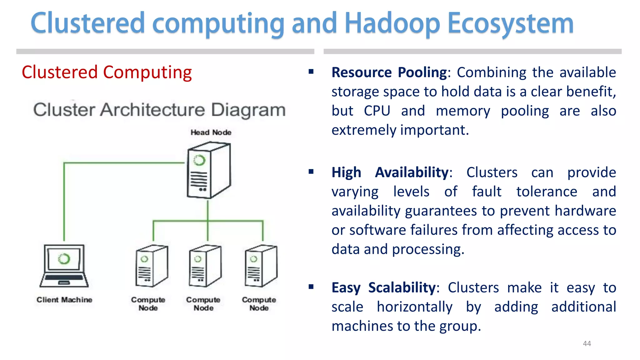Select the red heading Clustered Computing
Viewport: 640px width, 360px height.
107,72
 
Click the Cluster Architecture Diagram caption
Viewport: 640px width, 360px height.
159,110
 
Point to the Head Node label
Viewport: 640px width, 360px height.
211,132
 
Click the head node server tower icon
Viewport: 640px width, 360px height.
208,170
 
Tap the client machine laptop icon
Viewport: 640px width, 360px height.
64,266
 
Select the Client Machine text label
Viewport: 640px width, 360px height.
64,300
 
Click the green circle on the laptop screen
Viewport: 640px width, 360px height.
64,259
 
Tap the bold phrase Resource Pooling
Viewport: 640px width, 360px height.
389,72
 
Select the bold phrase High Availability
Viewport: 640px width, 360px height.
390,172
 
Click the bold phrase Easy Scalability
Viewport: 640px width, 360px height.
383,287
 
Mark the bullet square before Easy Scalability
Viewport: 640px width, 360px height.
311,287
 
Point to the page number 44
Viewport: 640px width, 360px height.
587,343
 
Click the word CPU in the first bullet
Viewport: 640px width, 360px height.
377,111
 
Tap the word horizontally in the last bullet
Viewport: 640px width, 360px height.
414,307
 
